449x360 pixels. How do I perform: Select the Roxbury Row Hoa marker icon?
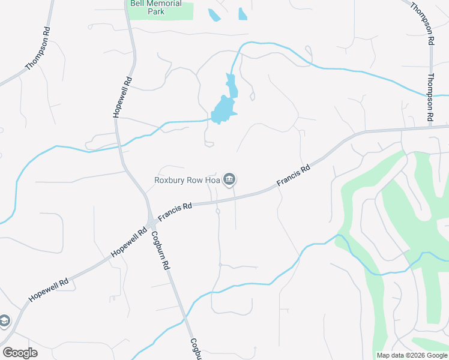coord(229,179)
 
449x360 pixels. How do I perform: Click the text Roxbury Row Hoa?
coord(187,179)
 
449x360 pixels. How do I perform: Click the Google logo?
coord(20,352)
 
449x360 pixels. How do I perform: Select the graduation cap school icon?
coord(4,321)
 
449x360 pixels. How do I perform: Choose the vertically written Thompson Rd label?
coord(430,98)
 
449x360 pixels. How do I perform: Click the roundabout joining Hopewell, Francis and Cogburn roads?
coord(151,223)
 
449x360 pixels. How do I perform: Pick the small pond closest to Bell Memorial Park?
coord(213,14)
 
